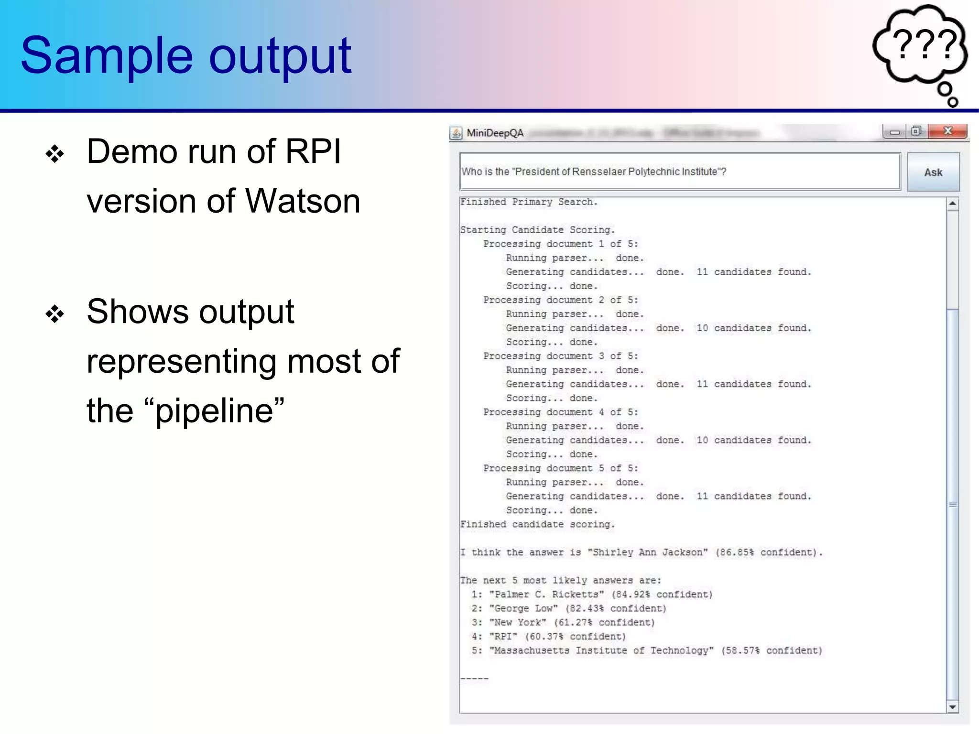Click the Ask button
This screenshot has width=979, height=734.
pyautogui.click(x=933, y=172)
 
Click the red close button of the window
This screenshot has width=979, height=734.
pyautogui.click(x=947, y=131)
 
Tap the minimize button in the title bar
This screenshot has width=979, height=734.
pyautogui.click(x=894, y=132)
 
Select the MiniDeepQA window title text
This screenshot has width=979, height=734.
pyautogui.click(x=495, y=133)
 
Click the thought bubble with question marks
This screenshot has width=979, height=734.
pyautogui.click(x=920, y=48)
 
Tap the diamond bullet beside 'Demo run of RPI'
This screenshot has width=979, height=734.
pyautogui.click(x=54, y=154)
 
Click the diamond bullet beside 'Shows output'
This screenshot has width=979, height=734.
pyautogui.click(x=54, y=314)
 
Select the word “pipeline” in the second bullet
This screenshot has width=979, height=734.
pyautogui.click(x=220, y=411)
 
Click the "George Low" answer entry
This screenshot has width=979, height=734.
pyautogui.click(x=523, y=608)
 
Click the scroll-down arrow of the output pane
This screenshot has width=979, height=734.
pyautogui.click(x=952, y=707)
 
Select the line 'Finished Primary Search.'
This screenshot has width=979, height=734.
pyautogui.click(x=529, y=202)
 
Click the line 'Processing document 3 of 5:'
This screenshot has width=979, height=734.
pyautogui.click(x=560, y=356)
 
